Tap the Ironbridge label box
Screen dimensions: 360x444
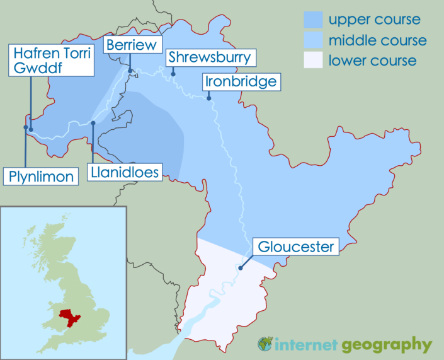pos(239,82)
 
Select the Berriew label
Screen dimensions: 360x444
pos(134,45)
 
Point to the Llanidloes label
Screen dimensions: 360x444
pos(125,171)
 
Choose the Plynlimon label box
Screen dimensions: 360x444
pos(42,176)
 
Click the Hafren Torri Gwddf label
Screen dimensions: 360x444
pos(52,60)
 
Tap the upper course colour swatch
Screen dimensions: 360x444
pos(312,20)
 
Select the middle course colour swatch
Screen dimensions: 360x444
pos(312,40)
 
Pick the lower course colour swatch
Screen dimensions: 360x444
pos(312,61)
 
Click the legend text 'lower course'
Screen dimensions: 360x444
pos(372,61)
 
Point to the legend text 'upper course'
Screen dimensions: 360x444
pos(375,20)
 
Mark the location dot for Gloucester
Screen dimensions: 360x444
pos(240,267)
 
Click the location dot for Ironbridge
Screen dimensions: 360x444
pos(208,98)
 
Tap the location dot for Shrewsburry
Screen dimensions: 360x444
pos(173,74)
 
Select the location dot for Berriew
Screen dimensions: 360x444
pos(130,71)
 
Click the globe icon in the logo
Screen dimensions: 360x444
pos(265,344)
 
